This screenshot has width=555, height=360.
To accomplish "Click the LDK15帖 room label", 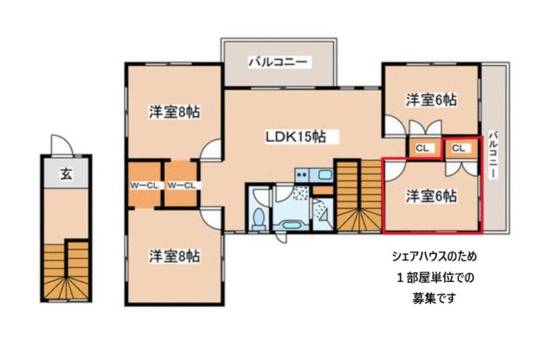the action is (296, 137).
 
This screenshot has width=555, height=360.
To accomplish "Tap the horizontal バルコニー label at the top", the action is (277, 62).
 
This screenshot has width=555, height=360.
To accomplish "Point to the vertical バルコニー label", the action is (493, 155).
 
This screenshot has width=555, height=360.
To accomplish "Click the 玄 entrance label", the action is (66, 173).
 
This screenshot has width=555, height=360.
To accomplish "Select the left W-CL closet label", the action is (145, 185).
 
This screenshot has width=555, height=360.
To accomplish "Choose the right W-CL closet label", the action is (181, 185).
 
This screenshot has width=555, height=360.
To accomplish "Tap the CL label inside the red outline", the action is (459, 148).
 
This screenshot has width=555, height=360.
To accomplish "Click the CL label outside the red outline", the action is (422, 148).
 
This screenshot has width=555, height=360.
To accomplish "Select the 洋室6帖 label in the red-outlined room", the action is (431, 196).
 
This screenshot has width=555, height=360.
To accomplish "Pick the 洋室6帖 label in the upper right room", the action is (431, 100).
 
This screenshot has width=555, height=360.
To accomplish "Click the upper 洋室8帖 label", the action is (174, 112).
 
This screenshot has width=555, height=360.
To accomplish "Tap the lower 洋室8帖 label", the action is (174, 256).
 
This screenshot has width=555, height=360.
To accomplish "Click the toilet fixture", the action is (260, 218).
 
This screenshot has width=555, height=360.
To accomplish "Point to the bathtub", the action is (291, 226).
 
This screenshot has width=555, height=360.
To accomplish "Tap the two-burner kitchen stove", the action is (303, 174).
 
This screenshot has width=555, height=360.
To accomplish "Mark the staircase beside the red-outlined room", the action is (358, 196).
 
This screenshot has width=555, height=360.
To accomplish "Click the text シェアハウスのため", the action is (434, 256).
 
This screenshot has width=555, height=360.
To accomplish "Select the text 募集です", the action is (434, 298).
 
